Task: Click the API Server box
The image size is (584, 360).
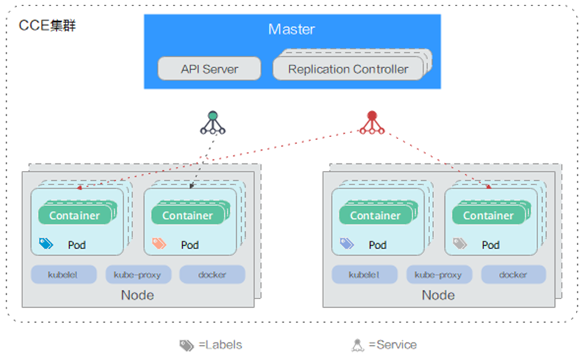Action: click(209, 69)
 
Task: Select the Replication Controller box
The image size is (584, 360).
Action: click(348, 69)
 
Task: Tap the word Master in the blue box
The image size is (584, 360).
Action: click(292, 29)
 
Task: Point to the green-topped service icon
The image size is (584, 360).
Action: click(213, 122)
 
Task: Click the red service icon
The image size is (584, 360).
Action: click(371, 122)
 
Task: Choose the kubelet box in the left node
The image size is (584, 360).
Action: click(63, 275)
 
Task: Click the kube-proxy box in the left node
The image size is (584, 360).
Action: click(138, 275)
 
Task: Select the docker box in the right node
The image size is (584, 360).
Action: click(513, 275)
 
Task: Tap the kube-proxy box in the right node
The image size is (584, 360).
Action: click(439, 275)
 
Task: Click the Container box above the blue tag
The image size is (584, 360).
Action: click(74, 215)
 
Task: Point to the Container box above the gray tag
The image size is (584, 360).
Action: click(488, 215)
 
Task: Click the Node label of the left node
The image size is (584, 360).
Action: click(138, 295)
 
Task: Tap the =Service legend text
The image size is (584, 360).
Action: click(392, 345)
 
